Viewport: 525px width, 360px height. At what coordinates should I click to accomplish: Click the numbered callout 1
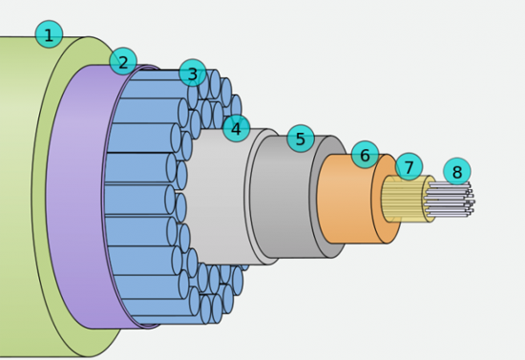(x=49, y=34)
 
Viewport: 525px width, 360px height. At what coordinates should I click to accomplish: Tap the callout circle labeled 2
(x=123, y=61)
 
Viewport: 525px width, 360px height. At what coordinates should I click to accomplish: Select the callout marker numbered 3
(x=193, y=73)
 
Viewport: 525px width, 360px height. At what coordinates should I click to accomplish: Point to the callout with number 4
(x=237, y=128)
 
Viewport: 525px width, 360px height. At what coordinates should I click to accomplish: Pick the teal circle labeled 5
(x=301, y=138)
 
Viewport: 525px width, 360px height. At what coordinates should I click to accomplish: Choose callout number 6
(x=366, y=155)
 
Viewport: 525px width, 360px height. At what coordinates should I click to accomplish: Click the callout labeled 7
(x=409, y=167)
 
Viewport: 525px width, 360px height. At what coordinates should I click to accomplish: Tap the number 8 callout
(x=457, y=172)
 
